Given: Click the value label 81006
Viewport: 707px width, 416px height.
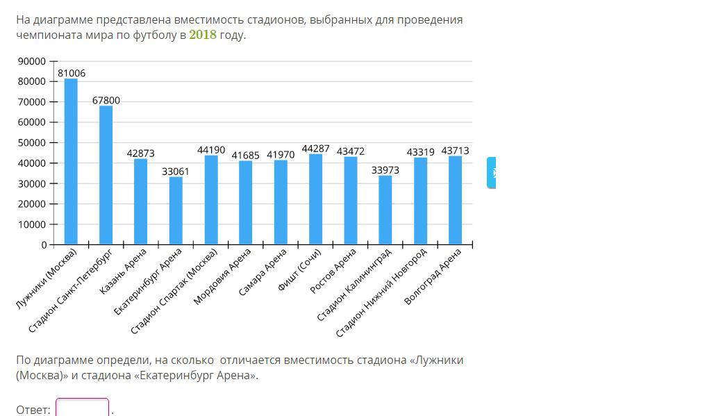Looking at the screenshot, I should [x=72, y=73].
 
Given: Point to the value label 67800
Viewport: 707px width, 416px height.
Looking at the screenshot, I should [x=106, y=101].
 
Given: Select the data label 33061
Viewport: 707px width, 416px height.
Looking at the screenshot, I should [x=176, y=171].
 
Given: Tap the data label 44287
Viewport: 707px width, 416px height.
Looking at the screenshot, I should [x=315, y=149].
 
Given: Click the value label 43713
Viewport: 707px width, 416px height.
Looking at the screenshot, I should [x=455, y=151].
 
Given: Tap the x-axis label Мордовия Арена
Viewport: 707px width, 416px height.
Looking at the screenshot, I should [x=222, y=276].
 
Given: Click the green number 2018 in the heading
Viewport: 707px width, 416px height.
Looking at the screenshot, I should [x=203, y=35].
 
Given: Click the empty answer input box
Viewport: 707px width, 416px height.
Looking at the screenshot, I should [x=82, y=408].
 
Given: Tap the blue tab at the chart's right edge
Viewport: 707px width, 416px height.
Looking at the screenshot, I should [x=491, y=172].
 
